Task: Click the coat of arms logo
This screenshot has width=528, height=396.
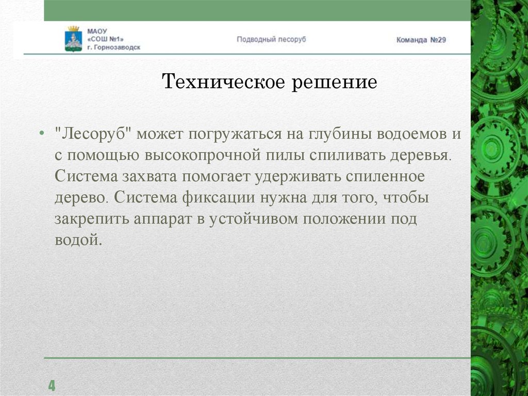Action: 73,38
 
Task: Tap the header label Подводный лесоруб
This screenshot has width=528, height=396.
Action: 271,39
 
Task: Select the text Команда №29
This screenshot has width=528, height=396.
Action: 421,40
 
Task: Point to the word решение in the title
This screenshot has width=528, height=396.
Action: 335,82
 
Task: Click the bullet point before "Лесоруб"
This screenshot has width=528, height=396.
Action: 42,135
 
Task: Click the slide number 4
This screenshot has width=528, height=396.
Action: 52,385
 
